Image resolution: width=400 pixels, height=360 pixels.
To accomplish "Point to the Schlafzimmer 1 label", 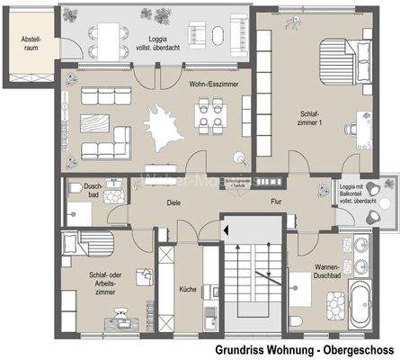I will click(x=308, y=119).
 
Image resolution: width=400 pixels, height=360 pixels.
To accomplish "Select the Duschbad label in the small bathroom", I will click(x=93, y=190).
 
